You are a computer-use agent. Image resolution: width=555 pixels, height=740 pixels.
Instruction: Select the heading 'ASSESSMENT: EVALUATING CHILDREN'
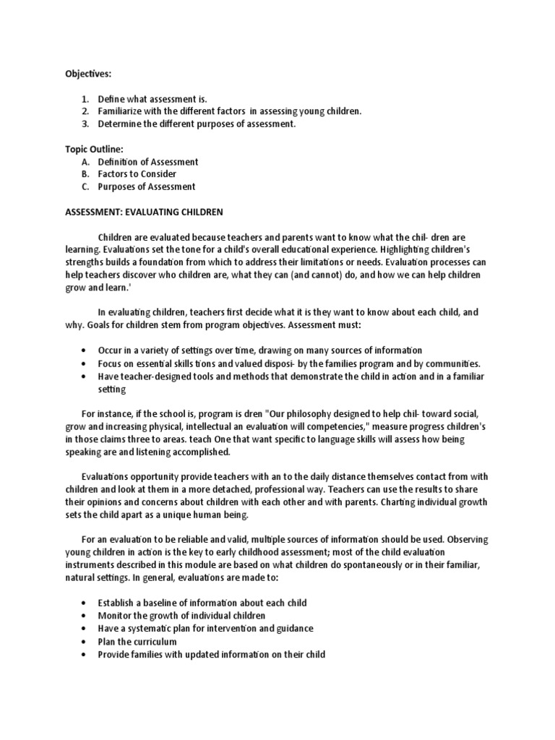[145, 212]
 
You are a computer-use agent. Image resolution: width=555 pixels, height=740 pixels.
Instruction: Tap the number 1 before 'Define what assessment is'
[85, 99]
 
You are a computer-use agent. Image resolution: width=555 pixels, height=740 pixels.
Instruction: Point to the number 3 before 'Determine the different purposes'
[85, 124]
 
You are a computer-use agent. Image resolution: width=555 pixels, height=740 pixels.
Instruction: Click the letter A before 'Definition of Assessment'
[85, 162]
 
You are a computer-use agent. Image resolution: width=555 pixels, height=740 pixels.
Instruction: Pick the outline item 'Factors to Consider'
[137, 174]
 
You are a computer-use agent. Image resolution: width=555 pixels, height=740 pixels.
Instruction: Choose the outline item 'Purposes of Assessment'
[147, 186]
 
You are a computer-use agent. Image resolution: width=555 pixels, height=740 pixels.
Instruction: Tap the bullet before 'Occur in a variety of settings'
[85, 350]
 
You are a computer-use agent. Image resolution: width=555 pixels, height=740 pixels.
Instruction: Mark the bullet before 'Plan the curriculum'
[85, 642]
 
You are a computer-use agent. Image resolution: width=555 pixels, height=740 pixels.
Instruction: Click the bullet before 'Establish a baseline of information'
[85, 603]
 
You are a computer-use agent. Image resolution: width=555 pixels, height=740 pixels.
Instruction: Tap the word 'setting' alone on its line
[112, 389]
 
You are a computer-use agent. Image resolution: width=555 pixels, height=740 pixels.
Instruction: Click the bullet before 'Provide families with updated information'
[85, 655]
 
